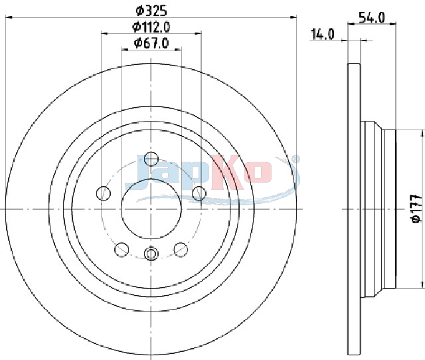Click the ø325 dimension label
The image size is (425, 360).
click(151, 11)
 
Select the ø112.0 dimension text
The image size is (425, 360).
click(151, 27)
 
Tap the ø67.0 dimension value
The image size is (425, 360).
click(151, 43)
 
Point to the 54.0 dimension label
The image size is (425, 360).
click(372, 18)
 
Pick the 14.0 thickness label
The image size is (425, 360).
click(323, 34)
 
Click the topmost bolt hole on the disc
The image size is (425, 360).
click(151, 159)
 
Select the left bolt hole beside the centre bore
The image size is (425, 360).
click(104, 193)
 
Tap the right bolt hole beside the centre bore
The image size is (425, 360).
click(199, 193)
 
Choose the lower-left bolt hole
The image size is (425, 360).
click(122, 249)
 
